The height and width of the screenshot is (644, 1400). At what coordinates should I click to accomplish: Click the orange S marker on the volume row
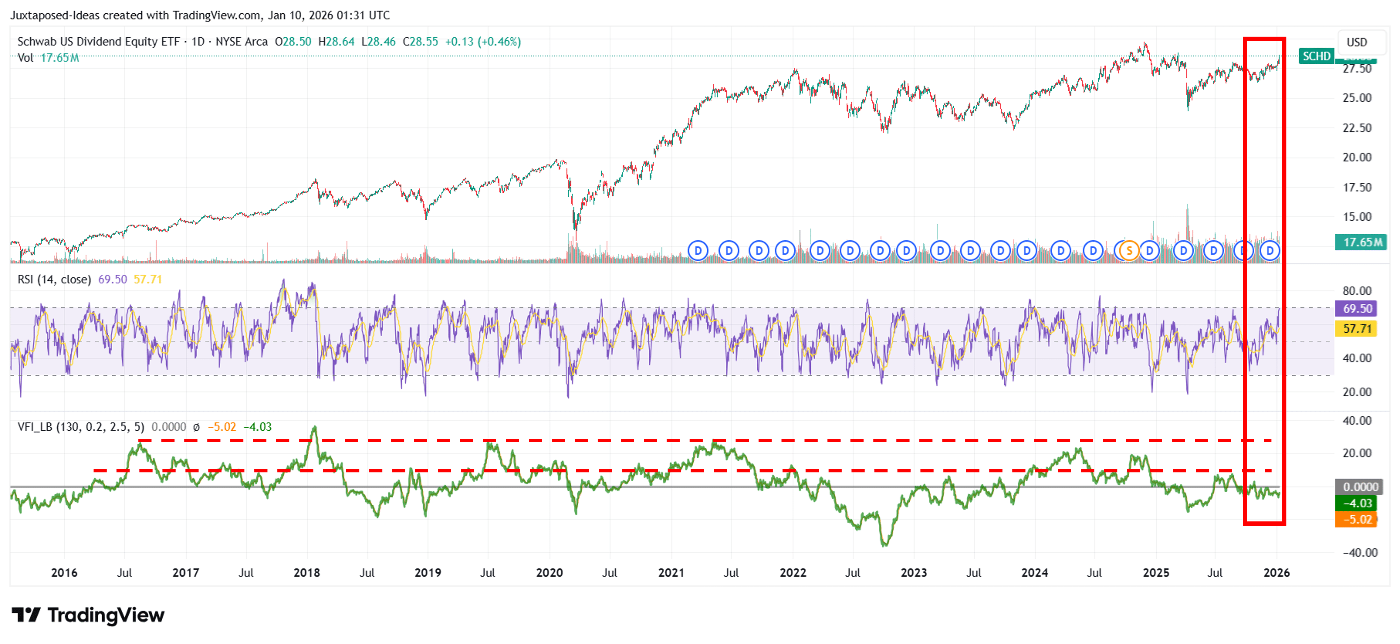(x=1129, y=251)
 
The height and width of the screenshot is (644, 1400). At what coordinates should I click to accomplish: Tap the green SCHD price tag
(x=1316, y=56)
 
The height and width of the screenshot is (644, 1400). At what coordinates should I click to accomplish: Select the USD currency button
(x=1356, y=42)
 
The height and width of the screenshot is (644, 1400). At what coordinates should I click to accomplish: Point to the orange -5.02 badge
(x=1356, y=520)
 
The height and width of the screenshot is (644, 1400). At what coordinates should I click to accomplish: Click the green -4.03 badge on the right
(x=1356, y=503)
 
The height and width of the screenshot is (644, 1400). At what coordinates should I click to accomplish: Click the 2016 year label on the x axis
(x=64, y=573)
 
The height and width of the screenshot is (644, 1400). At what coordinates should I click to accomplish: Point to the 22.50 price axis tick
(x=1356, y=128)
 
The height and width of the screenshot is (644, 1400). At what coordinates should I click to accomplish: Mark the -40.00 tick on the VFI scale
(x=1360, y=553)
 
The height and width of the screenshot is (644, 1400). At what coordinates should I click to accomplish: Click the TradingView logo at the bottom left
(x=88, y=615)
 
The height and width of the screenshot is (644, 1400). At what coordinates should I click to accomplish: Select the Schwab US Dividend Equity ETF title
(x=98, y=42)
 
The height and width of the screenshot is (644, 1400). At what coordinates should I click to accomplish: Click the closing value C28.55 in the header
(x=420, y=42)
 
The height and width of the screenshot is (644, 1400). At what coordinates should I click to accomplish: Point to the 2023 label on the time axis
(x=913, y=573)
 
